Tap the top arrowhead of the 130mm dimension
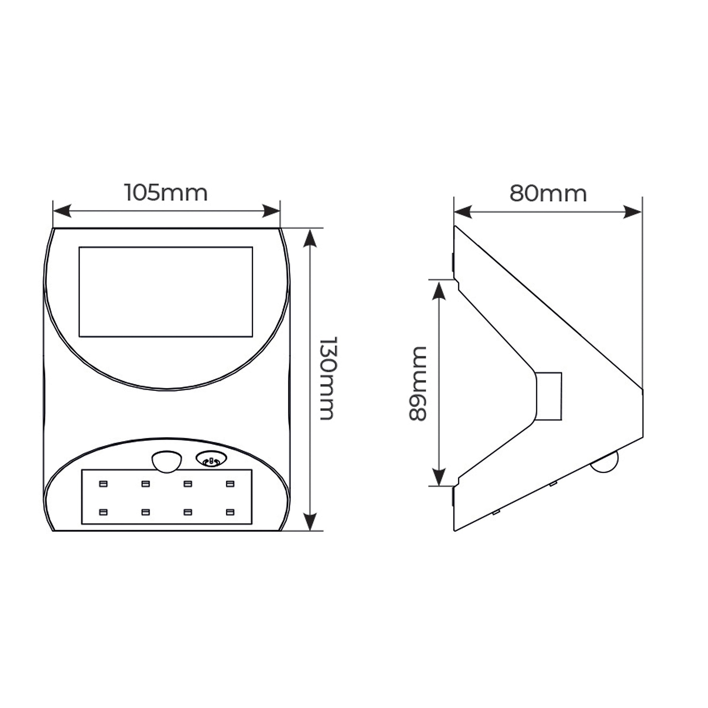310,238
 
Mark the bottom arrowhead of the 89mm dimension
439,477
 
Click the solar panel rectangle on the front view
166,292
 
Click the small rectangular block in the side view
549,396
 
